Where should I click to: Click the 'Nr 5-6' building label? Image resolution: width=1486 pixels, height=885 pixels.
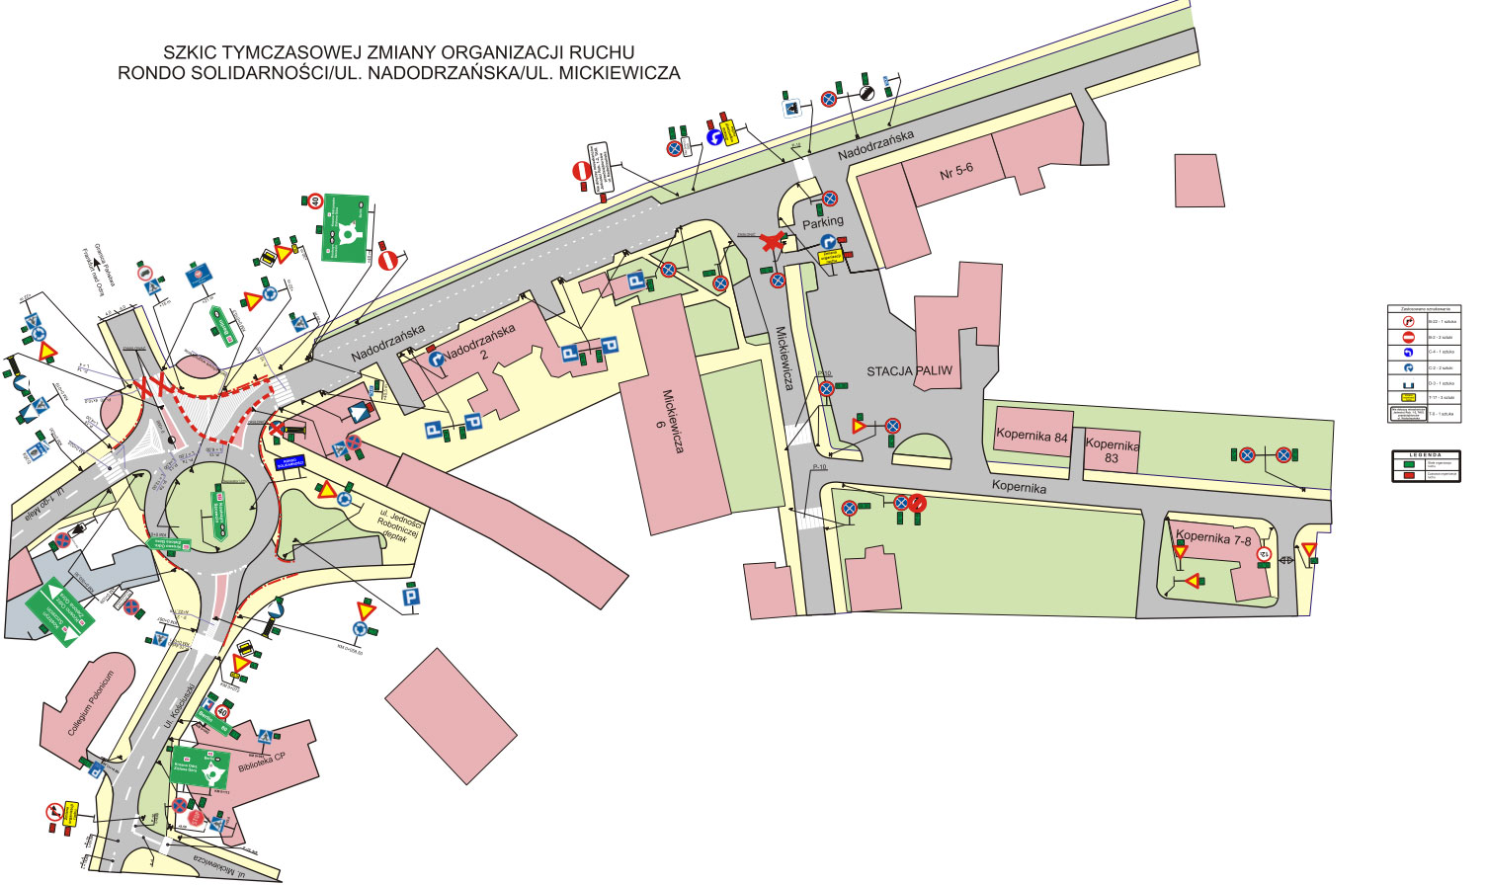coord(955,171)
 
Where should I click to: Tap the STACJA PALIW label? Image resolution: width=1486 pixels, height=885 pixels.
coord(909,371)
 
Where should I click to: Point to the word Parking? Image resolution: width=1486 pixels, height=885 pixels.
coord(822,223)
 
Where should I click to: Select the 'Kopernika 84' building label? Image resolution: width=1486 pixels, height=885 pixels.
coord(1032,436)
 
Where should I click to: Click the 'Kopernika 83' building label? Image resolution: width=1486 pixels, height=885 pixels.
coord(1112,451)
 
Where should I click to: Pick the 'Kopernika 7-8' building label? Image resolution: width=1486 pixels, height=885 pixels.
coord(1213,538)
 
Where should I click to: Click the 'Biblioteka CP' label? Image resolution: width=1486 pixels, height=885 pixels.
coord(261,763)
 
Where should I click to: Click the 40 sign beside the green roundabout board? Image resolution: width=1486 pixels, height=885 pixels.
coord(314,201)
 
